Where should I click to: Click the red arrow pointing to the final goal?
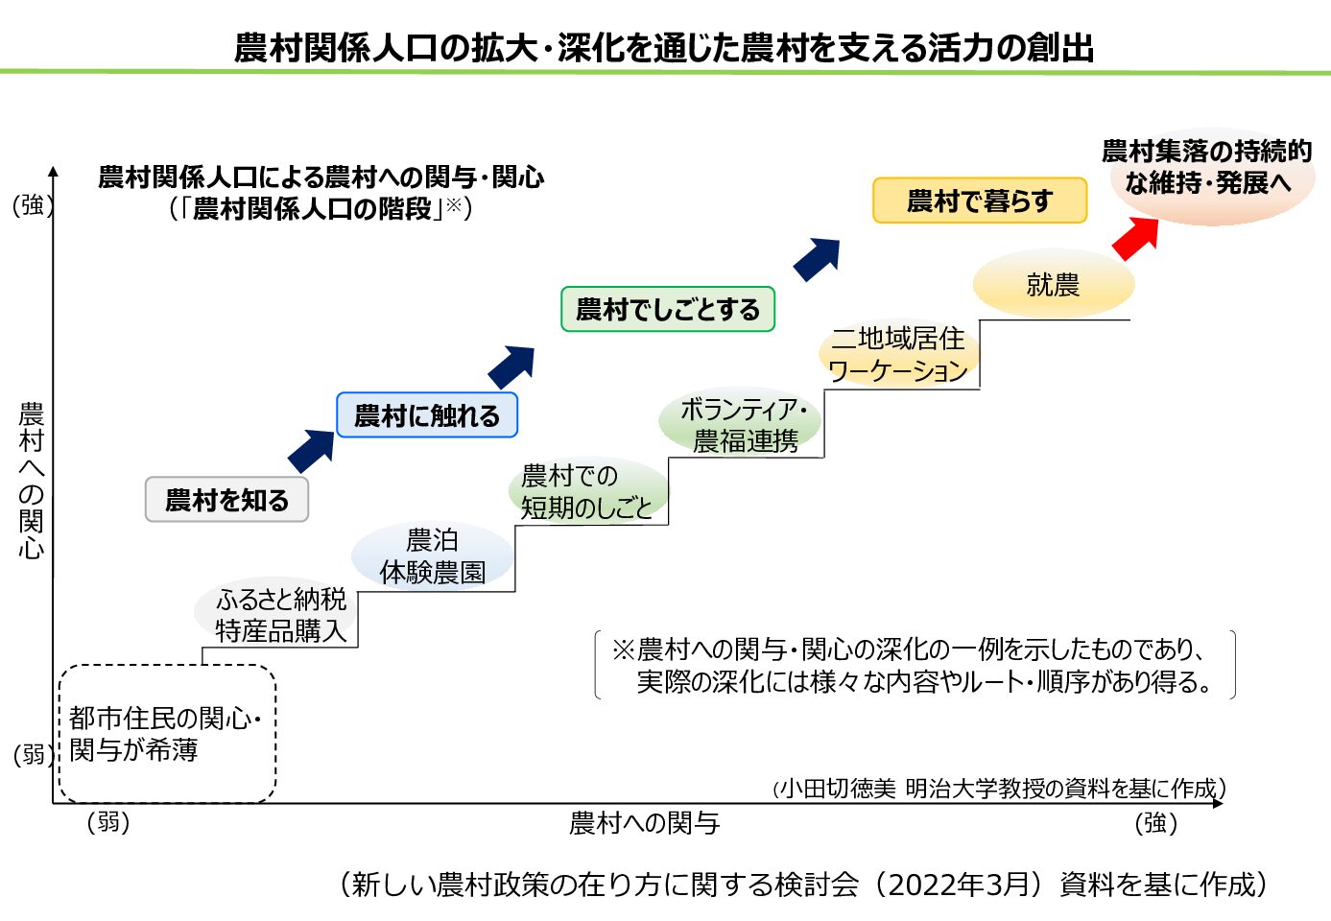1136,238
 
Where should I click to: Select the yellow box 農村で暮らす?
979,201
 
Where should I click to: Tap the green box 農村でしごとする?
667,309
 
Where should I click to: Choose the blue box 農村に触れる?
427,415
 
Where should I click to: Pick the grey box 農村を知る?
226,500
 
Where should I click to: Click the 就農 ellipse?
1053,285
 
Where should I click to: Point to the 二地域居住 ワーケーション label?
898,354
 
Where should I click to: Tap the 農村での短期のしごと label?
586,491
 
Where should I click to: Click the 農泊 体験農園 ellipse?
432,556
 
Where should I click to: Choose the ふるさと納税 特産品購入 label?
280,615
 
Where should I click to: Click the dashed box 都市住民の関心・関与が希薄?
167,733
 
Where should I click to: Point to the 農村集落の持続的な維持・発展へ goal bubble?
1206,167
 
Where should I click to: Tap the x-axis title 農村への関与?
644,823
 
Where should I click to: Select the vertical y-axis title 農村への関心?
32,480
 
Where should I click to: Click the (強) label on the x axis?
1155,823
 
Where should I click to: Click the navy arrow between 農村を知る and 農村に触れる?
311,451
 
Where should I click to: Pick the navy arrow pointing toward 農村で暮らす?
817,259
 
